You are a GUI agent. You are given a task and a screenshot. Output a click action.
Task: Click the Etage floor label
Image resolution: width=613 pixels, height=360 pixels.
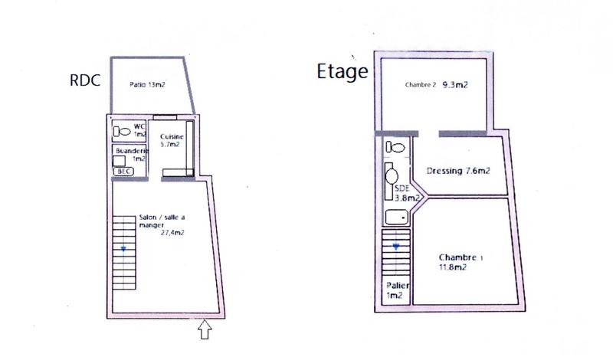coord(343,73)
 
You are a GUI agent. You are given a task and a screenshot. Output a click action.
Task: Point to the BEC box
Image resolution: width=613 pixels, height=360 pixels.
coord(123,172)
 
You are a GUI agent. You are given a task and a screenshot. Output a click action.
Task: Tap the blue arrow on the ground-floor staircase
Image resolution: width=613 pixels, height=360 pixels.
coord(123,248)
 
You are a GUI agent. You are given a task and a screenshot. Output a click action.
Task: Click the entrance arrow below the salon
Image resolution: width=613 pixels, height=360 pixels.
coord(205,330)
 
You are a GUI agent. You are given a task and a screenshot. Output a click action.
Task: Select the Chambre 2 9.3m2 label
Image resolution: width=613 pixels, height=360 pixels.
coord(436,85)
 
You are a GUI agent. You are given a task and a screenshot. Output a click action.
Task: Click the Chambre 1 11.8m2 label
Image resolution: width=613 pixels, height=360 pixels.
coord(460,262)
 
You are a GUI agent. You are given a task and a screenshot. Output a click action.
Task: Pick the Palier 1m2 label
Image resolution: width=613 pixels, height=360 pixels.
coord(395,290)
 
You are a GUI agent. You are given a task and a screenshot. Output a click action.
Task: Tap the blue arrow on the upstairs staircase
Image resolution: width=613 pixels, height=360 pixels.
coord(395,247)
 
